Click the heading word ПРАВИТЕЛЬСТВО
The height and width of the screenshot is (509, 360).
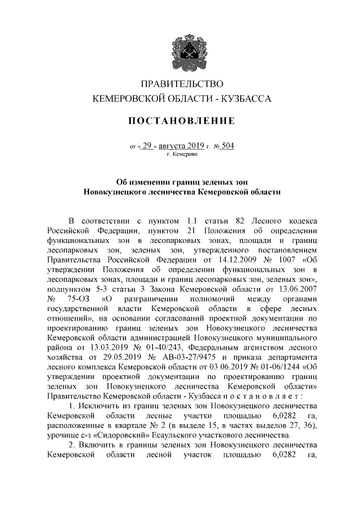coord(180,85)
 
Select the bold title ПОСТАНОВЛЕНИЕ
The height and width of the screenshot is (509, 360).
coord(180,121)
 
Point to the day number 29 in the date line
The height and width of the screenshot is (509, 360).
coord(147,146)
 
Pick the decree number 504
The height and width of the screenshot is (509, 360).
coord(228,146)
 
